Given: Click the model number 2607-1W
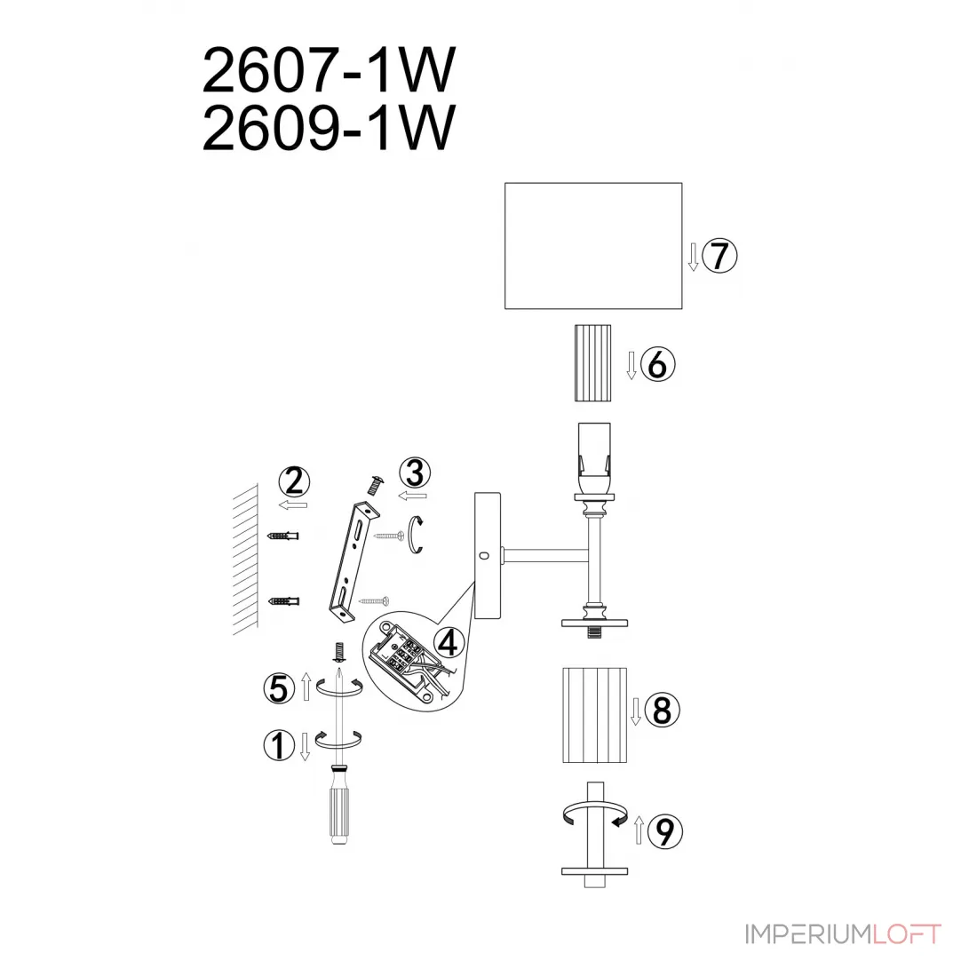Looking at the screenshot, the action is (329, 70).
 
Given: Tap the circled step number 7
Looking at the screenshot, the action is (719, 256).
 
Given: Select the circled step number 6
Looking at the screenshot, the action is (657, 364).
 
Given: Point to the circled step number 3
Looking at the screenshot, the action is (415, 473).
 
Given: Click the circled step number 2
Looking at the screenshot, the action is (294, 481).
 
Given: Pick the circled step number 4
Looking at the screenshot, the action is (449, 642).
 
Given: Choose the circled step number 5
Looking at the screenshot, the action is (279, 688).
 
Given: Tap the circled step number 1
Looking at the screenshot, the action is (279, 745).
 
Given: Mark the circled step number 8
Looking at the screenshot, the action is (662, 711).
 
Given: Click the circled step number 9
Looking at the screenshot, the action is (665, 831).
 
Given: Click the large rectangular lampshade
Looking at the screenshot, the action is (593, 245).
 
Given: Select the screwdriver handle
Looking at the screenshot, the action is (338, 813).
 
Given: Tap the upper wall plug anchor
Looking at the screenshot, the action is (282, 536).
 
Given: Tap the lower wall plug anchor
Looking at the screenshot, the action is (283, 601).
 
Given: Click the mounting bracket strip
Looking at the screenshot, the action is (353, 560).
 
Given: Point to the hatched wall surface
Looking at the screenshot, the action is (245, 559).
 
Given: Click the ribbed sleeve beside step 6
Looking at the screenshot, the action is (592, 362).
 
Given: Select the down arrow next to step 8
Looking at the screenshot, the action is (636, 711).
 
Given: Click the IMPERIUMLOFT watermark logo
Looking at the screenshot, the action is (843, 934).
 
